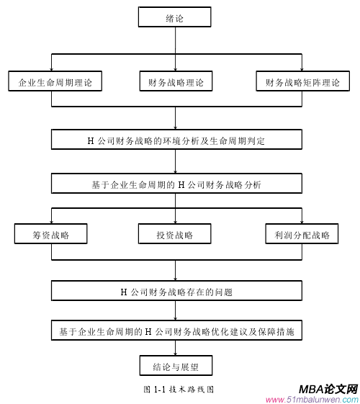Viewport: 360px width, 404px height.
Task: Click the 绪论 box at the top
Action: pyautogui.click(x=175, y=17)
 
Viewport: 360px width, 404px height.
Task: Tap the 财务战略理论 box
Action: pyautogui.click(x=175, y=82)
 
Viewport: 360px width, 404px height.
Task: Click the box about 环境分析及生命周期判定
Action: pyautogui.click(x=176, y=140)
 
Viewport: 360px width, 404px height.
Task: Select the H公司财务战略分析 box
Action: pyautogui.click(x=176, y=184)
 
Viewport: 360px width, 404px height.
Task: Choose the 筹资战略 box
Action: pyautogui.click(x=51, y=235)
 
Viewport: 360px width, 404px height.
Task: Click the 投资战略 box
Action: pyautogui.click(x=175, y=235)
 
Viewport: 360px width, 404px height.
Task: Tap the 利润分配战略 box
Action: pyautogui.click(x=302, y=235)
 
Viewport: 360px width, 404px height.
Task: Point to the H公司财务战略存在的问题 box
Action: pyautogui.click(x=176, y=292)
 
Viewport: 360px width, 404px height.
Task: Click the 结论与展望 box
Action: pyautogui.click(x=175, y=367)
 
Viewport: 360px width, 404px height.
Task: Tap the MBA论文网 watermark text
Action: pyautogui.click(x=328, y=388)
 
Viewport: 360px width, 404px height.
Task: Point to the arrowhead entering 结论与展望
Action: pyautogui.click(x=175, y=354)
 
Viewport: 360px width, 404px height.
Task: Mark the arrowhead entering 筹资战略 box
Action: pyautogui.click(x=51, y=222)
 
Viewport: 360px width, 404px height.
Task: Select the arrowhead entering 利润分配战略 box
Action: pyautogui.click(x=302, y=222)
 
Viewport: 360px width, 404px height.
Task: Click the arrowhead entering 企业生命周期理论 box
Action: pyautogui.click(x=51, y=69)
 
